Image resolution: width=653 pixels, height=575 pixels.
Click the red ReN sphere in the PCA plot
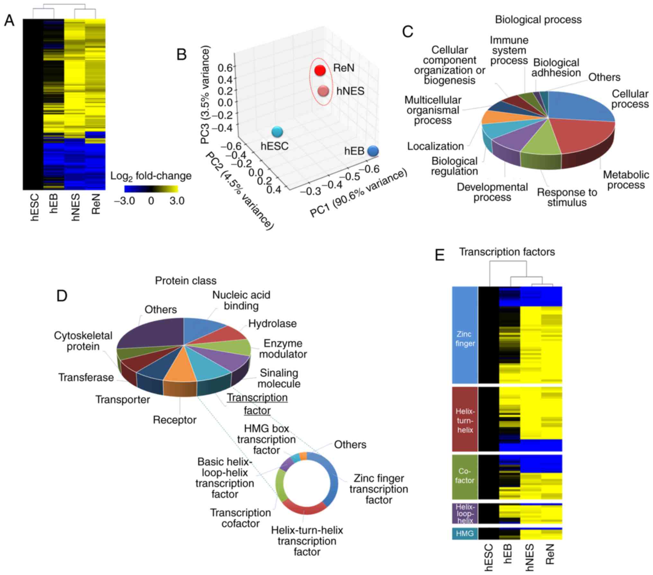click(320, 70)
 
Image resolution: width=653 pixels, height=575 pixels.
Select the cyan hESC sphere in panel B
click(277, 131)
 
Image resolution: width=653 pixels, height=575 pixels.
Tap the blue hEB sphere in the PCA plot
click(373, 150)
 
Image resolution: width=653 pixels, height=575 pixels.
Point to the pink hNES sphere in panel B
click(323, 91)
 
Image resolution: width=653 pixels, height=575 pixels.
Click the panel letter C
click(407, 32)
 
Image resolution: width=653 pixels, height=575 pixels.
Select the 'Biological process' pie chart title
click(538, 20)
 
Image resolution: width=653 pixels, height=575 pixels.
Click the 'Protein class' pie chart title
click(185, 281)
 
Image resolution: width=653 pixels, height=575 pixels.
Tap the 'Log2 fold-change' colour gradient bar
click(151, 189)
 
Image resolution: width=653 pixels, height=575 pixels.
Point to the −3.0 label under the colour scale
click(124, 201)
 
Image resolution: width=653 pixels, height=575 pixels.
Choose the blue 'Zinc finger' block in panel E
click(465, 335)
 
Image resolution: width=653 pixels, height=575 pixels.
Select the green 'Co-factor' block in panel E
click(465, 476)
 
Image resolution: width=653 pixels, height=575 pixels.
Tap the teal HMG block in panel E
click(465, 534)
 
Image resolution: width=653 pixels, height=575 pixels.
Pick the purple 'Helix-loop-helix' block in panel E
click(465, 513)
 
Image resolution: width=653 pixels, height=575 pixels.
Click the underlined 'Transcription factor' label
click(257, 404)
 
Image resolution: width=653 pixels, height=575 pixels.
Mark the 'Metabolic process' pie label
click(626, 180)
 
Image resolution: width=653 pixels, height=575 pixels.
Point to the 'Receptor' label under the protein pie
click(174, 420)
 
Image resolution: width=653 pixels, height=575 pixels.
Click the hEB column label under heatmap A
click(54, 203)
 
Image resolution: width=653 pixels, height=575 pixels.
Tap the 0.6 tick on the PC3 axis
click(225, 67)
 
